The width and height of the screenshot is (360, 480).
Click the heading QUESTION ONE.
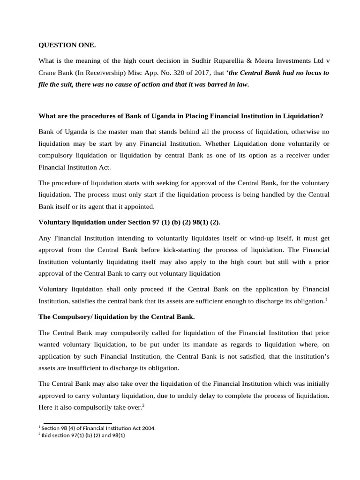coord(67,45)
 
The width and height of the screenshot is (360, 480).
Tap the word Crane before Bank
coord(48,73)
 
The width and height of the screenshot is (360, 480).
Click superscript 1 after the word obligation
coord(326,299)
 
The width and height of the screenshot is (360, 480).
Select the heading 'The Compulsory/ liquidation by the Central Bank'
coord(116,317)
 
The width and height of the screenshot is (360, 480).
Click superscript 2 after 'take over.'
coord(143,406)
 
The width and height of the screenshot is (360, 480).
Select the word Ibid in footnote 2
coord(47,435)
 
